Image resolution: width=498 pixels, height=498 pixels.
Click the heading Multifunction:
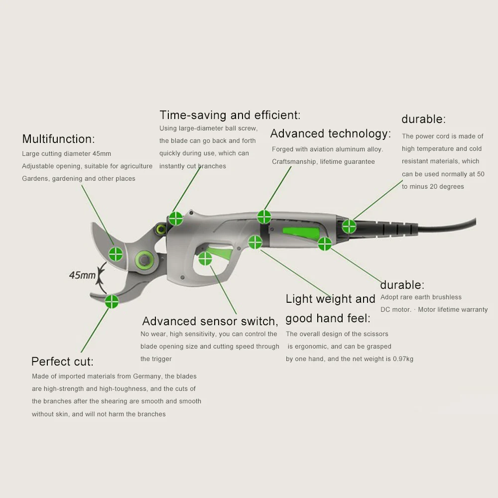[58, 139]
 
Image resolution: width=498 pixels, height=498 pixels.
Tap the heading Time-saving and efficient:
[230, 115]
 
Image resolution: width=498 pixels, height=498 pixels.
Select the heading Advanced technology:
[330, 133]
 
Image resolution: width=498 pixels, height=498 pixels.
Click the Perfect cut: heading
[62, 362]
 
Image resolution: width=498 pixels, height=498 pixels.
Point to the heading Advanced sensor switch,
[210, 321]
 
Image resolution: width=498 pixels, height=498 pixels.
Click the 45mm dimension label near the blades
[82, 275]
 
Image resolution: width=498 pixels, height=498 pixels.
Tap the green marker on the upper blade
[116, 253]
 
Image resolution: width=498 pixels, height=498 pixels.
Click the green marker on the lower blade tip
[112, 301]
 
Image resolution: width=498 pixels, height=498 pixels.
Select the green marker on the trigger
[205, 258]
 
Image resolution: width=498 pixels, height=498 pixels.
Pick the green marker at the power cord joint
[349, 227]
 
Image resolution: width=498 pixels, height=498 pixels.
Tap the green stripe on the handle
[301, 233]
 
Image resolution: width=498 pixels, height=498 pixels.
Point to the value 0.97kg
[403, 359]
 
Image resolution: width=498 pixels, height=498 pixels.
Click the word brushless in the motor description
[446, 297]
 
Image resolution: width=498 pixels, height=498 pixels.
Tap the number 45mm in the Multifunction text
[101, 154]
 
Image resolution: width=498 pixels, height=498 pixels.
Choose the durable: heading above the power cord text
[423, 120]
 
